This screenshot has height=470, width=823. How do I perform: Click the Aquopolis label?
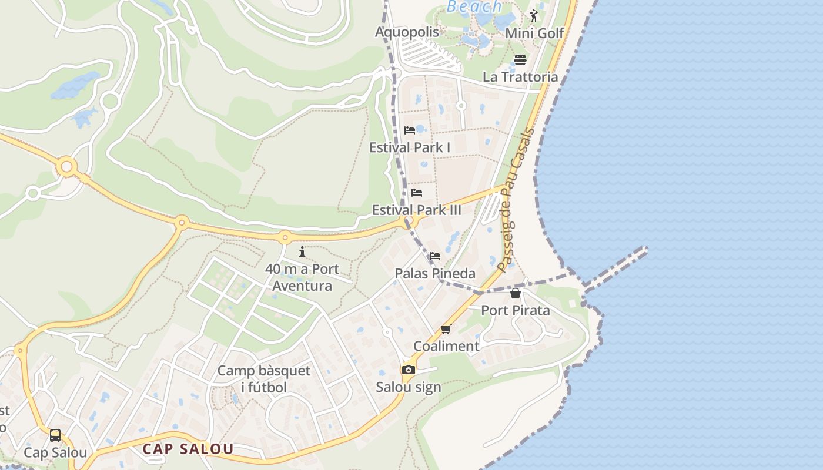[x=407, y=32]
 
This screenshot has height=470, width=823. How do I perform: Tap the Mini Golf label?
[x=534, y=33]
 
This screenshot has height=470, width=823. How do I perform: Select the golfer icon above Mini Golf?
[x=534, y=16]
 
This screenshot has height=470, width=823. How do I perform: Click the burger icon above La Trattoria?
[x=520, y=60]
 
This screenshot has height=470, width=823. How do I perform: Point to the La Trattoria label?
[x=520, y=77]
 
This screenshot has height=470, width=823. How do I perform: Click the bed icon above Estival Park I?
[x=410, y=130]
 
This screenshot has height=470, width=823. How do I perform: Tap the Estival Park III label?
[x=417, y=210]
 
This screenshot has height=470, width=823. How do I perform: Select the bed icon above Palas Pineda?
[x=435, y=256]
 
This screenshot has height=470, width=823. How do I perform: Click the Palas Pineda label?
[x=435, y=273]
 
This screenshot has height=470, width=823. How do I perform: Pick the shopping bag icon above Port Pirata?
[x=516, y=293]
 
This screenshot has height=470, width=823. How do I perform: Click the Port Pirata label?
[x=516, y=310]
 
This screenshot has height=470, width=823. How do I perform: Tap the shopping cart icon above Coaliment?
[x=446, y=330]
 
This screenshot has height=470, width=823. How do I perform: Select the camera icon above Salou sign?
[x=409, y=370]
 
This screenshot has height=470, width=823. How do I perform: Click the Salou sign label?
[x=409, y=387]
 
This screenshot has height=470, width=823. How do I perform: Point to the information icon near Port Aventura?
[x=302, y=252]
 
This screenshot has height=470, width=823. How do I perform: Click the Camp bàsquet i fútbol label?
[x=264, y=379]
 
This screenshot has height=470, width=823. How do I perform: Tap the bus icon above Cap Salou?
[x=55, y=435]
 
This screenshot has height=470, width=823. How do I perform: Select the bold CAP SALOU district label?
[x=188, y=449]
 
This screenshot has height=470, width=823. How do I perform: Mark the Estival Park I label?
[x=410, y=147]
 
